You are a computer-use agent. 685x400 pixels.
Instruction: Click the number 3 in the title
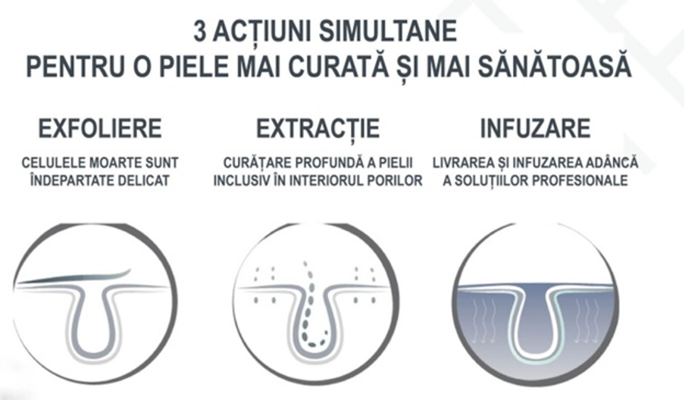click(199, 32)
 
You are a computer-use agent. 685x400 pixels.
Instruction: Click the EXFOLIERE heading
click(100, 128)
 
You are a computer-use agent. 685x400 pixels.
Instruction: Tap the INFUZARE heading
click(535, 128)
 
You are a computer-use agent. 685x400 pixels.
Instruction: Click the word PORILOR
click(394, 180)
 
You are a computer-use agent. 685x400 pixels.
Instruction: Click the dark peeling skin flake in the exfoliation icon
click(74, 277)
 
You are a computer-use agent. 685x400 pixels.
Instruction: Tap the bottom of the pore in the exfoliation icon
click(92, 353)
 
